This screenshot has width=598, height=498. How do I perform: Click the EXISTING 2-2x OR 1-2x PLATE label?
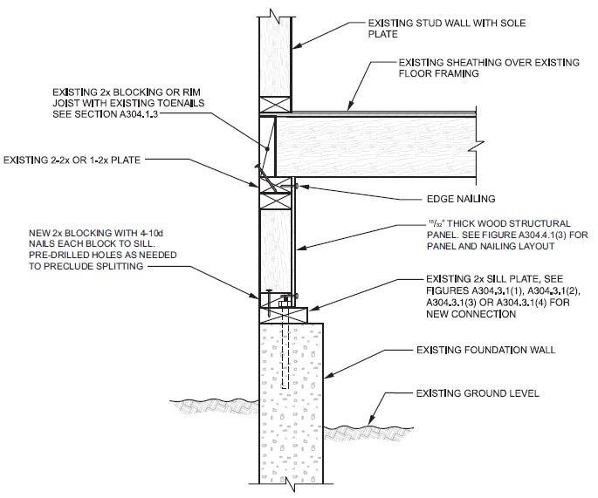coord(73,160)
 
